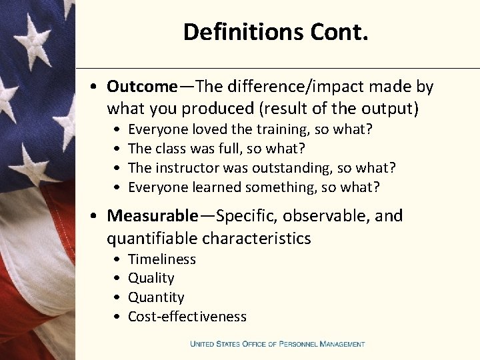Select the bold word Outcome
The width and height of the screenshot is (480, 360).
[x=142, y=87]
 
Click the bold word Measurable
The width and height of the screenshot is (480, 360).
[x=153, y=216]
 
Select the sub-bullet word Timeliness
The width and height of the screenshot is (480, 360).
[x=162, y=259]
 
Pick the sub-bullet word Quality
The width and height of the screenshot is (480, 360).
[x=151, y=278]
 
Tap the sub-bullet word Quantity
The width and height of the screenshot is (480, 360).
[x=156, y=297]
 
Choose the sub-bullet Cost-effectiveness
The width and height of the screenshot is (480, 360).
[x=187, y=317]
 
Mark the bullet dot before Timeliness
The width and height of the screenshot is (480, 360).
[x=117, y=259]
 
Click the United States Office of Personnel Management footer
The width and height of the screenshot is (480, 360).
[x=277, y=344]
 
